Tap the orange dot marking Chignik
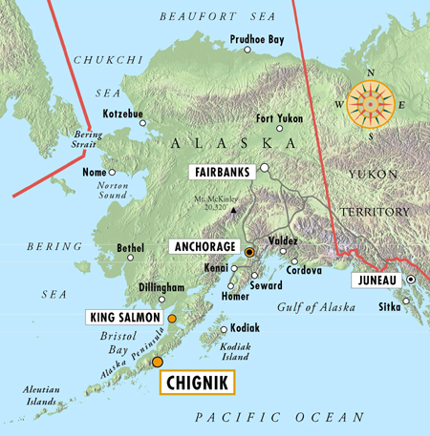click(x=158, y=362)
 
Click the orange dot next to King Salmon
click(x=172, y=317)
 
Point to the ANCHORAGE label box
click(x=203, y=245)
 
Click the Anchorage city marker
click(x=249, y=252)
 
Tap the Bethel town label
click(x=130, y=248)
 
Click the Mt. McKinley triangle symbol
click(x=231, y=209)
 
